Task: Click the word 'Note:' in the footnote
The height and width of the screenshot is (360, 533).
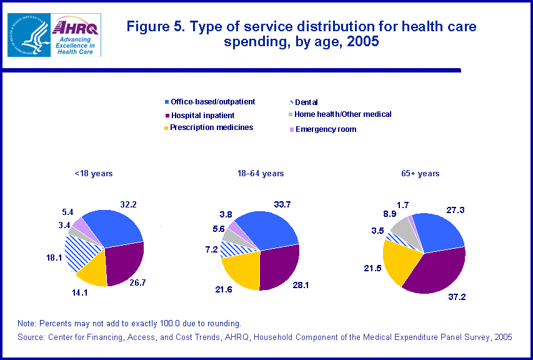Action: point(27,323)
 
